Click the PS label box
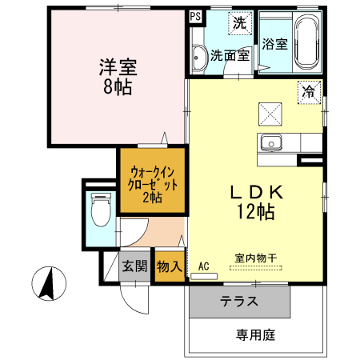(x=196, y=15)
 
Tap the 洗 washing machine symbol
(x=239, y=23)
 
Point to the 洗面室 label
(x=230, y=56)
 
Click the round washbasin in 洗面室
(x=198, y=56)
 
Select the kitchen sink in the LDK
(x=270, y=144)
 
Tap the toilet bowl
(x=101, y=212)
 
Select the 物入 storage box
(x=168, y=265)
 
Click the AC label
(x=203, y=265)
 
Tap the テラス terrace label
(x=240, y=302)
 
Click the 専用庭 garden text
(x=255, y=335)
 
